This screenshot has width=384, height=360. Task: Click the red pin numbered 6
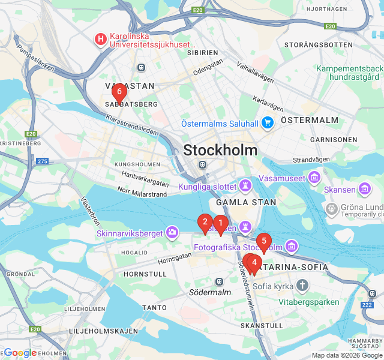[119, 92]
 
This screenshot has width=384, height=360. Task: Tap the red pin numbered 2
[205, 222]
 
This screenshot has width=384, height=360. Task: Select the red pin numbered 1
[220, 224]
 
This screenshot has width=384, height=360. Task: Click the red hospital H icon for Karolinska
[100, 40]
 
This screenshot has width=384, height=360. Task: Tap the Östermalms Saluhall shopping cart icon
[268, 123]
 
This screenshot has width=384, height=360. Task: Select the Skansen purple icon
[365, 190]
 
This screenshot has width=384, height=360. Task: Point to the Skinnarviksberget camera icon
[172, 232]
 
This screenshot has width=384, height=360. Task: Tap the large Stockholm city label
[220, 150]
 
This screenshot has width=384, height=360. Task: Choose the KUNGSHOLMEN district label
[137, 164]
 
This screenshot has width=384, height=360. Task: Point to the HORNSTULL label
[145, 274]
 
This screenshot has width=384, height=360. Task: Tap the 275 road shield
[42, 161]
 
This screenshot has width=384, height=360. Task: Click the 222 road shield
[367, 305]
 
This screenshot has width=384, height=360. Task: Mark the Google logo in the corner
[20, 353]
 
